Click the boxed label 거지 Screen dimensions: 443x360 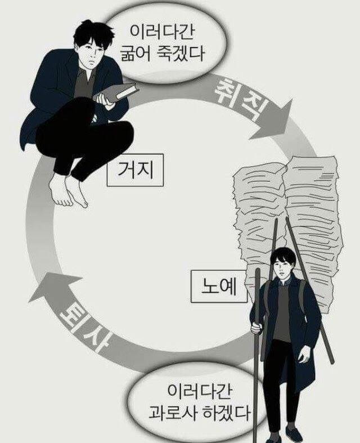[135, 169]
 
